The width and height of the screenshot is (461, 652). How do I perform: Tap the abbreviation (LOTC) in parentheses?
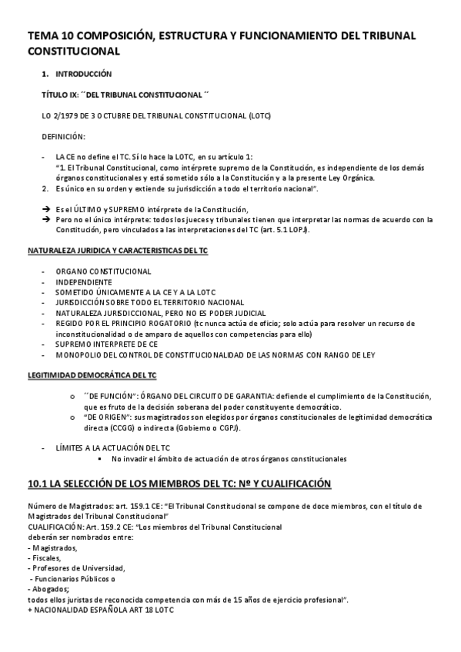click(x=255, y=115)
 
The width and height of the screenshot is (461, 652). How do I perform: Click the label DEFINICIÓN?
click(x=64, y=136)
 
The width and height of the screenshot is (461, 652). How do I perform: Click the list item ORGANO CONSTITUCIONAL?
click(x=103, y=272)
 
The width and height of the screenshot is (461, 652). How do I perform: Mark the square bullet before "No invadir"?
click(x=101, y=459)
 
